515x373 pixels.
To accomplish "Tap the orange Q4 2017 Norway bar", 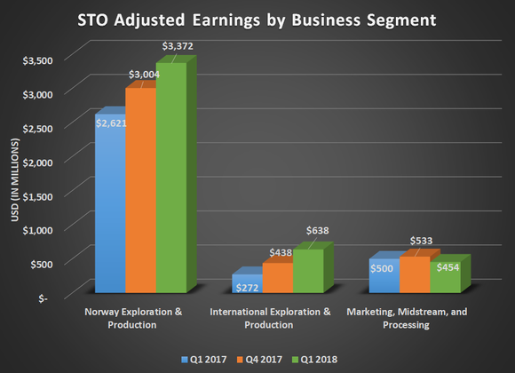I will (140, 191).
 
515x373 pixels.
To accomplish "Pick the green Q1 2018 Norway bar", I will (171, 178).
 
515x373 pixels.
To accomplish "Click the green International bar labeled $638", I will (308, 271).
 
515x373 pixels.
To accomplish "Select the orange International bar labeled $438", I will (278, 278).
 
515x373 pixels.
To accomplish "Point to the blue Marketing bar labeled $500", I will (384, 276).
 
